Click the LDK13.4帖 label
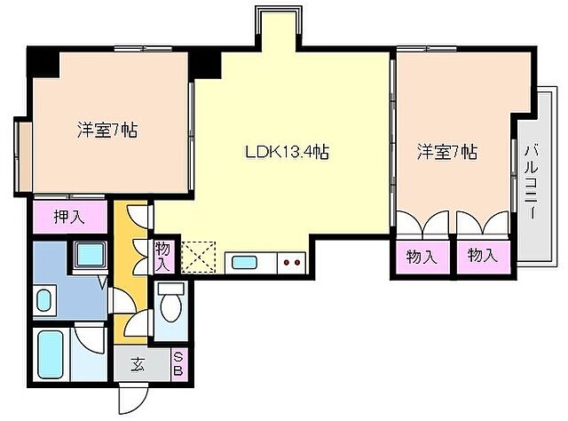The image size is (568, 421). pyautogui.click(x=288, y=152)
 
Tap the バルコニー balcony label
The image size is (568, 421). pyautogui.click(x=531, y=183)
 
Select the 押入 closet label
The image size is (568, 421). pyautogui.click(x=68, y=217)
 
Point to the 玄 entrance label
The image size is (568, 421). pyautogui.click(x=139, y=364)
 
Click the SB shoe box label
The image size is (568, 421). pyautogui.click(x=177, y=364)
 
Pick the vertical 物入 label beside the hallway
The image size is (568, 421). pyautogui.click(x=162, y=255)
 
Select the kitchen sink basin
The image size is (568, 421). pyautogui.click(x=241, y=262)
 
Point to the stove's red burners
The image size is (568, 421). pyautogui.click(x=289, y=262)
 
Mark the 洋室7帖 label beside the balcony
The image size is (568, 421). pyautogui.click(x=447, y=152)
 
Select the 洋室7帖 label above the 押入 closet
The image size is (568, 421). pyautogui.click(x=106, y=130)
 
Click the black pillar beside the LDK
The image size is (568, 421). pyautogui.click(x=206, y=62)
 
